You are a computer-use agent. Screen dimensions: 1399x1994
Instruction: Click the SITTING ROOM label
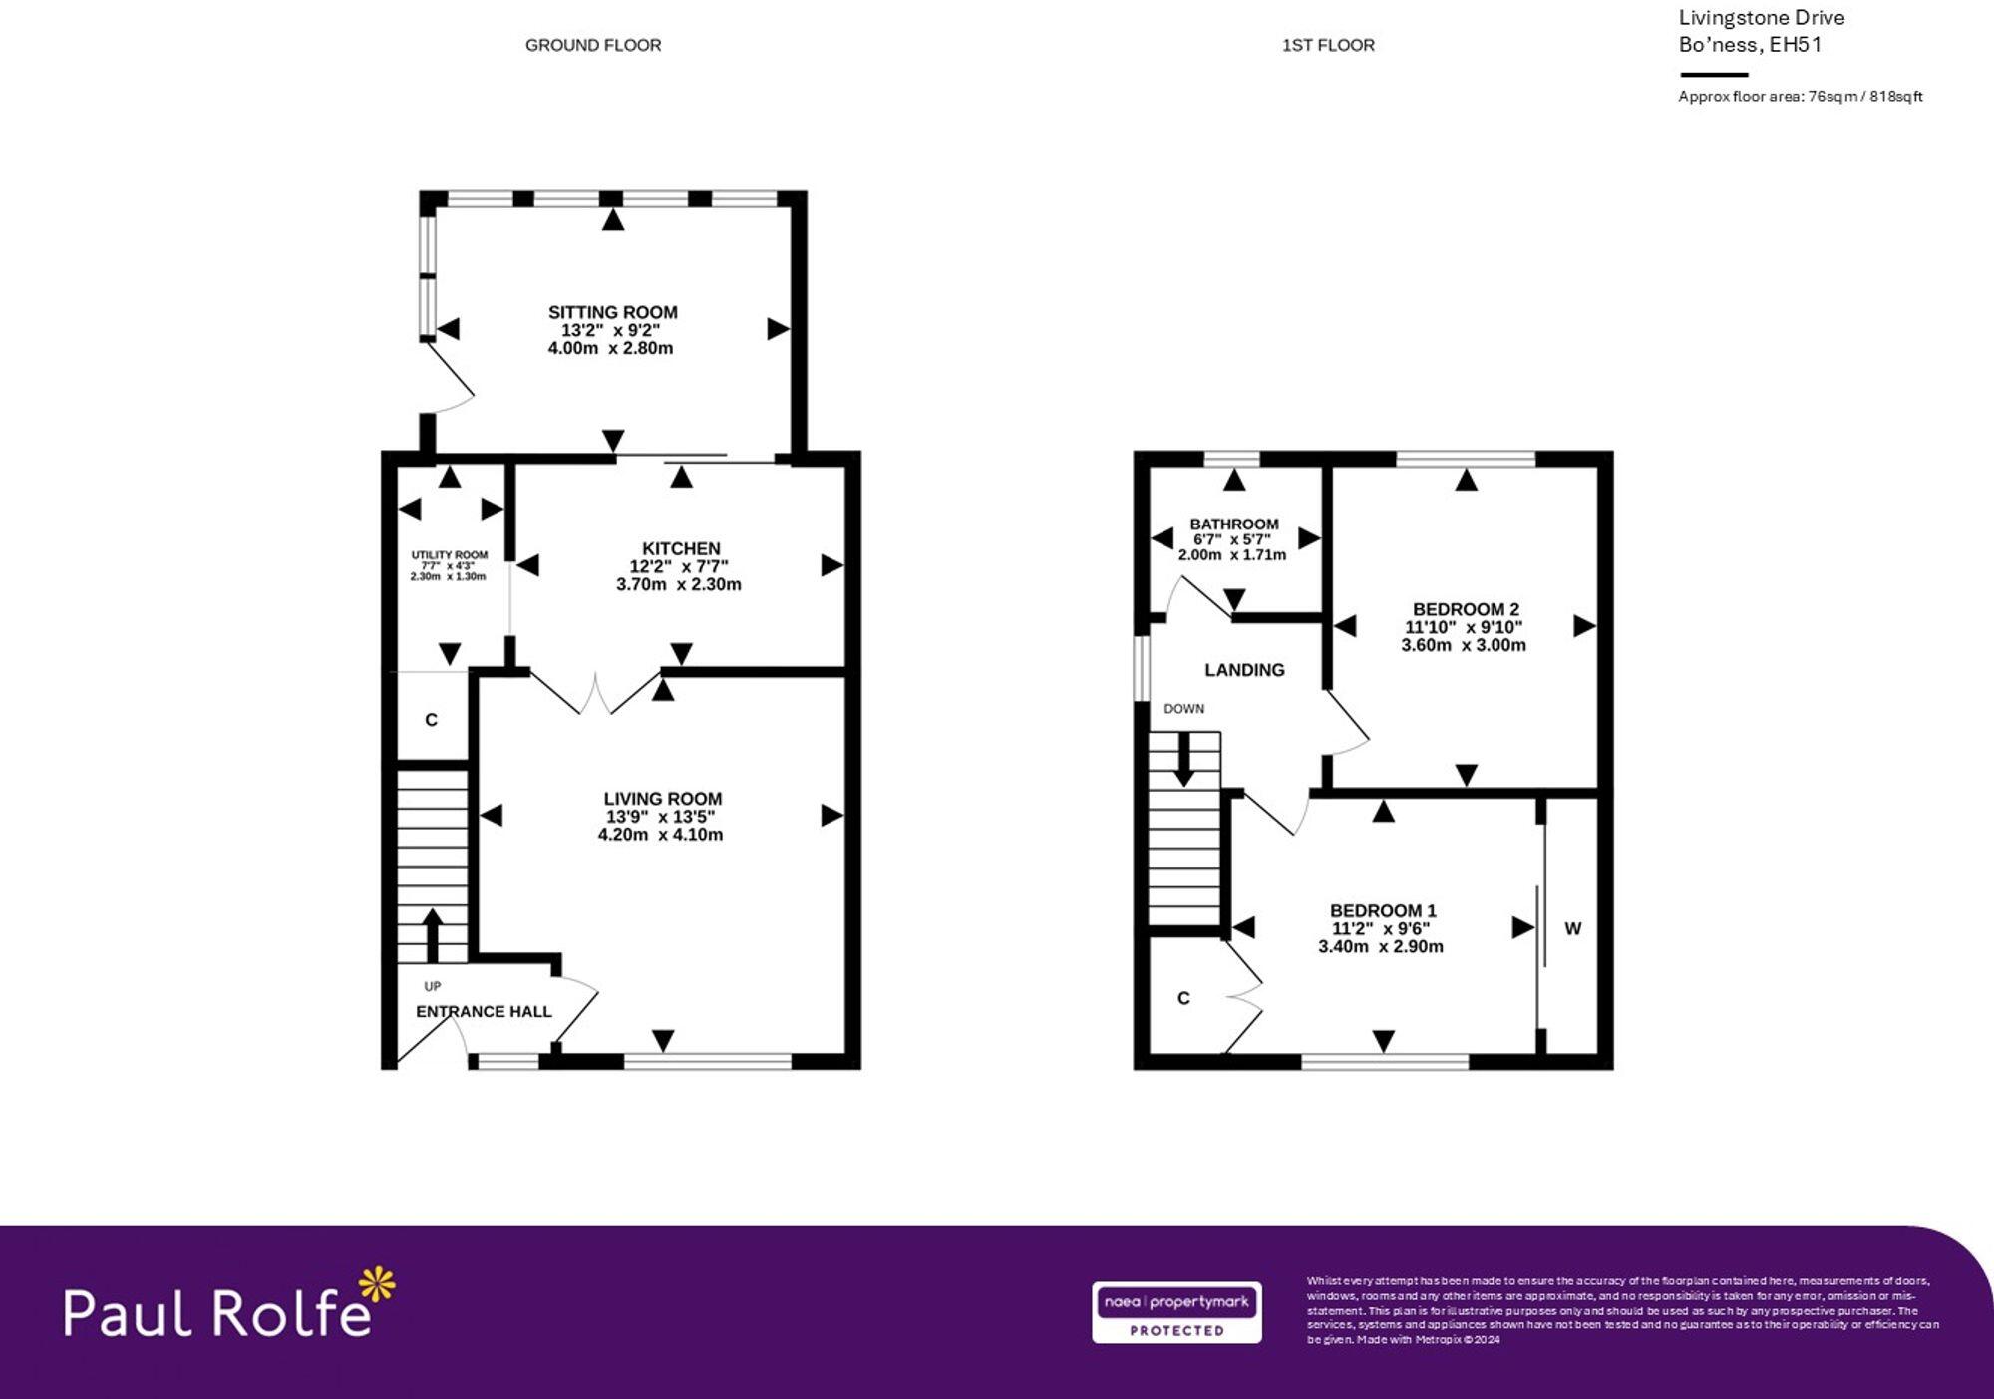pos(612,312)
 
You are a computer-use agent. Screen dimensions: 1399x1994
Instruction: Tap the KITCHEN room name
pos(681,548)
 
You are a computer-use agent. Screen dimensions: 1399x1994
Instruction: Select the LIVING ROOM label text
pos(662,798)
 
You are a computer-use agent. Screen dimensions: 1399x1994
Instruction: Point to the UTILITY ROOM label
pos(450,555)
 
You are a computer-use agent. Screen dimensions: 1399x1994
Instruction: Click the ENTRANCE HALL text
pos(484,1011)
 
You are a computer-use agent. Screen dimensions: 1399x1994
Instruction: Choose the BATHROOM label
pos(1233,524)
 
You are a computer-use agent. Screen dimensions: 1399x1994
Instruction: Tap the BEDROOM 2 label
pos(1466,609)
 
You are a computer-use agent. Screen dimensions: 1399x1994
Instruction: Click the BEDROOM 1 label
pos(1383,910)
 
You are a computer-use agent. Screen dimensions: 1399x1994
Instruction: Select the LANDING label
pos(1244,670)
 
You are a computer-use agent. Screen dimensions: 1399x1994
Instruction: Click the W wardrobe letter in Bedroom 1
pos(1572,928)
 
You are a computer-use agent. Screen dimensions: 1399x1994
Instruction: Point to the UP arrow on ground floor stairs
pos(433,933)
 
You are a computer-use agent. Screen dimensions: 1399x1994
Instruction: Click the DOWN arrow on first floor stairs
pos(1183,760)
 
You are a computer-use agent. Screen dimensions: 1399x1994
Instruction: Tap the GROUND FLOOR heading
pos(593,45)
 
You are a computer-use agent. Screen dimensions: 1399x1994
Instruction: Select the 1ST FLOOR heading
pos(1328,45)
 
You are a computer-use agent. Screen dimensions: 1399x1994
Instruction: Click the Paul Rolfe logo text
pos(217,1312)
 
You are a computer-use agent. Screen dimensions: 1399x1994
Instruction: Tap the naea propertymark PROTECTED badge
pos(1176,1312)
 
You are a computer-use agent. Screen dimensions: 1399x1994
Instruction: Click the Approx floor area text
pos(1800,97)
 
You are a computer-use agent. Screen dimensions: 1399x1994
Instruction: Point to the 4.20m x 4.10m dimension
pos(660,835)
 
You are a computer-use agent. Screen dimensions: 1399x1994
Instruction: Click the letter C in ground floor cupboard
pos(431,720)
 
